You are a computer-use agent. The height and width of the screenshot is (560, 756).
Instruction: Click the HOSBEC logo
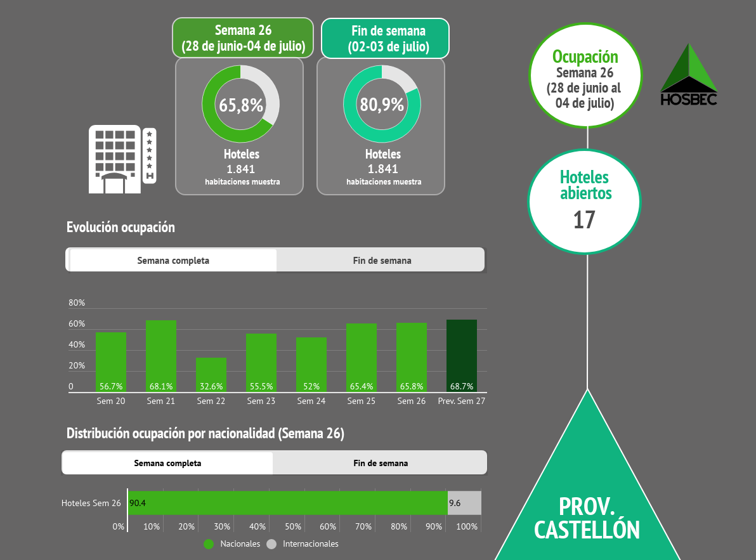689,75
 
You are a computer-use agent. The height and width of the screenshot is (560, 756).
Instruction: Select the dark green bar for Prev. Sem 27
462,355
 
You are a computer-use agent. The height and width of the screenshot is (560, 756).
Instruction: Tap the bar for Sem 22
211,374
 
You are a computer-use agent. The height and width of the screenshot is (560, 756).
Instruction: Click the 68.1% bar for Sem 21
161,355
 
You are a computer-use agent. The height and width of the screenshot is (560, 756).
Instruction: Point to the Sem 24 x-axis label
311,401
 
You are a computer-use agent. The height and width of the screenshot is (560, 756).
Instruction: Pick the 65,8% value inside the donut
241,105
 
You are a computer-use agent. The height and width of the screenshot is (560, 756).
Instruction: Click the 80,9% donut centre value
382,105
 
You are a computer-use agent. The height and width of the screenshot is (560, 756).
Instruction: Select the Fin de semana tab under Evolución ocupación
382,260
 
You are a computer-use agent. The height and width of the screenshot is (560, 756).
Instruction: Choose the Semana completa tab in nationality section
167,463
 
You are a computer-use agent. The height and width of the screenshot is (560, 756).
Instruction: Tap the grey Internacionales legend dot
272,544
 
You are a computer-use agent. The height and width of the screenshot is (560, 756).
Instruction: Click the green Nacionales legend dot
209,544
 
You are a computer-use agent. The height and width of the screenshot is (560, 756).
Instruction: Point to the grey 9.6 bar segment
464,503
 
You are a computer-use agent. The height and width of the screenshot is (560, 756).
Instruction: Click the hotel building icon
122,159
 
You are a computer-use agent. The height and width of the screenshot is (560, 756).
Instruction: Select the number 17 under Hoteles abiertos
584,220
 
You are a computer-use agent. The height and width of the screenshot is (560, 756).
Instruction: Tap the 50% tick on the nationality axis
293,526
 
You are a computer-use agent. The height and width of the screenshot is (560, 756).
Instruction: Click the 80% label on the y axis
77,303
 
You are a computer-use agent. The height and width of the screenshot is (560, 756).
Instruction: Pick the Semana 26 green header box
243,39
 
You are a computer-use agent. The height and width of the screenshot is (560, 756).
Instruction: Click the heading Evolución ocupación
121,227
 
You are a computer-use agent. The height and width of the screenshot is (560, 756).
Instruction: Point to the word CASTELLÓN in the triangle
587,530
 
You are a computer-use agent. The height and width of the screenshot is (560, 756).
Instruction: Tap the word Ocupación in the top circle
584,57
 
